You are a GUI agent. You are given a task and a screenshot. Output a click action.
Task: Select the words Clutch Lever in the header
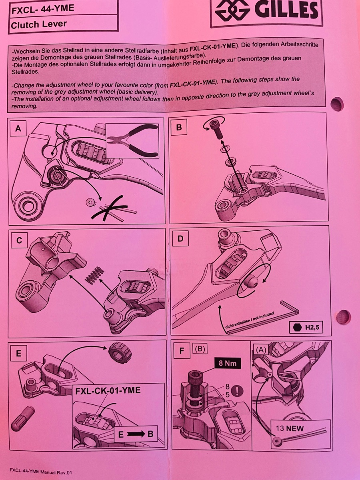(39, 24)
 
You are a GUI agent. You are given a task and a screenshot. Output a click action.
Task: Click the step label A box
(18, 128)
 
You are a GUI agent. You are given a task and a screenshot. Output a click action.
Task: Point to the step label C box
(19, 240)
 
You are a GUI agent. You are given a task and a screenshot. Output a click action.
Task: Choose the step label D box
(180, 238)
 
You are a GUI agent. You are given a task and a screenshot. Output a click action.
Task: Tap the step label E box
(19, 353)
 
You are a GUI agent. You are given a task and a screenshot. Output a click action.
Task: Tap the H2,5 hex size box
(306, 328)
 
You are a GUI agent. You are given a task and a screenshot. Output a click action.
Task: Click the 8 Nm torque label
(228, 363)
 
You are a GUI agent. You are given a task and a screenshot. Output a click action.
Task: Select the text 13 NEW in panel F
(290, 428)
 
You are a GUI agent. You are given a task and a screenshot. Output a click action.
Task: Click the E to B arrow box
(136, 434)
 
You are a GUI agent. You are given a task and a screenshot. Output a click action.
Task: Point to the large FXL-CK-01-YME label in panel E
(108, 390)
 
